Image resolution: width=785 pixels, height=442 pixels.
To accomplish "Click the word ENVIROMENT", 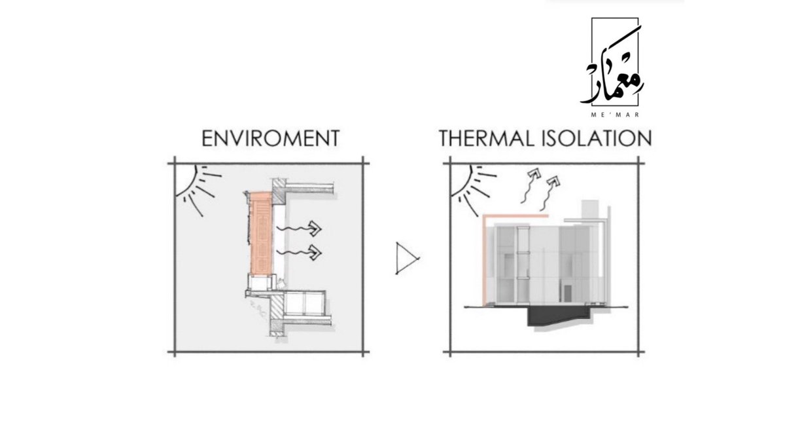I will click(x=270, y=139).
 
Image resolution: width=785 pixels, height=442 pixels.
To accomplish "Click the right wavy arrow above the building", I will click(x=549, y=190).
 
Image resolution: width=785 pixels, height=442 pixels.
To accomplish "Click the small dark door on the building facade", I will click(x=567, y=293).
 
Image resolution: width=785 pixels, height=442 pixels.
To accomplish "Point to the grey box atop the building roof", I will click(x=588, y=208).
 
